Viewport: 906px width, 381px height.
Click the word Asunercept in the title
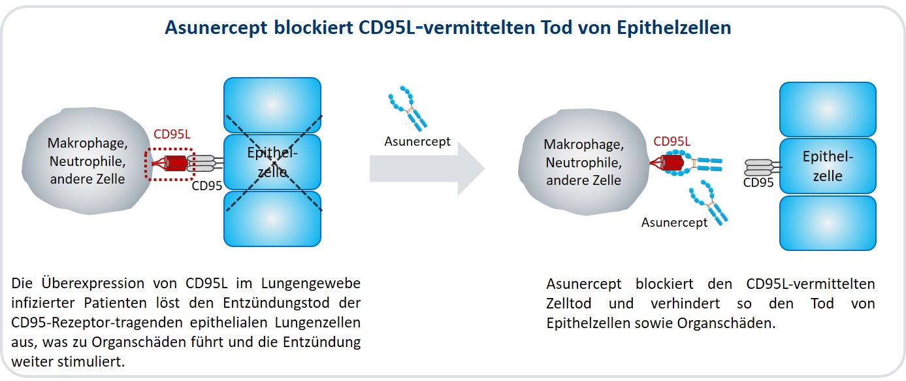pyautogui.click(x=216, y=28)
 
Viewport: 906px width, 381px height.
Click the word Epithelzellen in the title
pyautogui.click(x=674, y=28)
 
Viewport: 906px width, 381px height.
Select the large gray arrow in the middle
pyautogui.click(x=427, y=168)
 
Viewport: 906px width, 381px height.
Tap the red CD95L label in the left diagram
pyautogui.click(x=172, y=134)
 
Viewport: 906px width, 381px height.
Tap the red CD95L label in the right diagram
pyautogui.click(x=671, y=141)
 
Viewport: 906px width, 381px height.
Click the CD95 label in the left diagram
pyautogui.click(x=206, y=186)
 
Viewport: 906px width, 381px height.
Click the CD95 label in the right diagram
pyautogui.click(x=758, y=182)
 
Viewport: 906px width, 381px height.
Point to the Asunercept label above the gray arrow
pyautogui.click(x=417, y=142)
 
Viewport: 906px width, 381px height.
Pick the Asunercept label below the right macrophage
pyautogui.click(x=674, y=222)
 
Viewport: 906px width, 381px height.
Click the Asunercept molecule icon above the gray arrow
pyautogui.click(x=408, y=108)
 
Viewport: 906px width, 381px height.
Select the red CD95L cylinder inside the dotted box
pyautogui.click(x=176, y=163)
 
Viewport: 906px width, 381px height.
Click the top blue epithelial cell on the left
pyautogui.click(x=272, y=105)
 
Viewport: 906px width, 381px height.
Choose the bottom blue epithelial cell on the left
pyautogui.click(x=272, y=219)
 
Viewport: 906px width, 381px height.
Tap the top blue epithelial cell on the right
pyautogui.click(x=828, y=109)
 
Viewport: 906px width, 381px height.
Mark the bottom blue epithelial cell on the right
pyautogui.click(x=828, y=224)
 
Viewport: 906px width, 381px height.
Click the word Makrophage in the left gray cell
pyautogui.click(x=88, y=144)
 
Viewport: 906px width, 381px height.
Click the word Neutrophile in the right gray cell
pyautogui.click(x=584, y=163)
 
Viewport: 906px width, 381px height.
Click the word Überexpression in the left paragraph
pyautogui.click(x=93, y=283)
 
